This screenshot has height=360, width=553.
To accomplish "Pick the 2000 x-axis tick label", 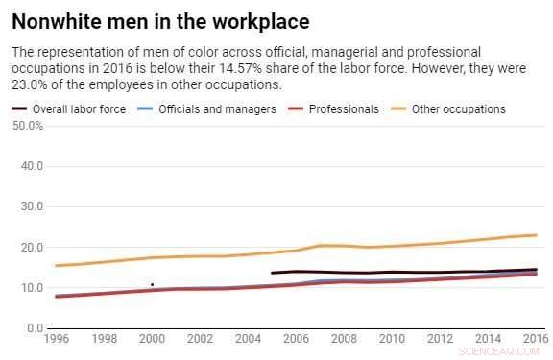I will [152, 339].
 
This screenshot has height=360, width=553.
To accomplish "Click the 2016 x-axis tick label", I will [534, 339].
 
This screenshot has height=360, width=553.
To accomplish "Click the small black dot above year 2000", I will [152, 284].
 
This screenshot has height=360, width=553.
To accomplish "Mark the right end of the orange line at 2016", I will [536, 235].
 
